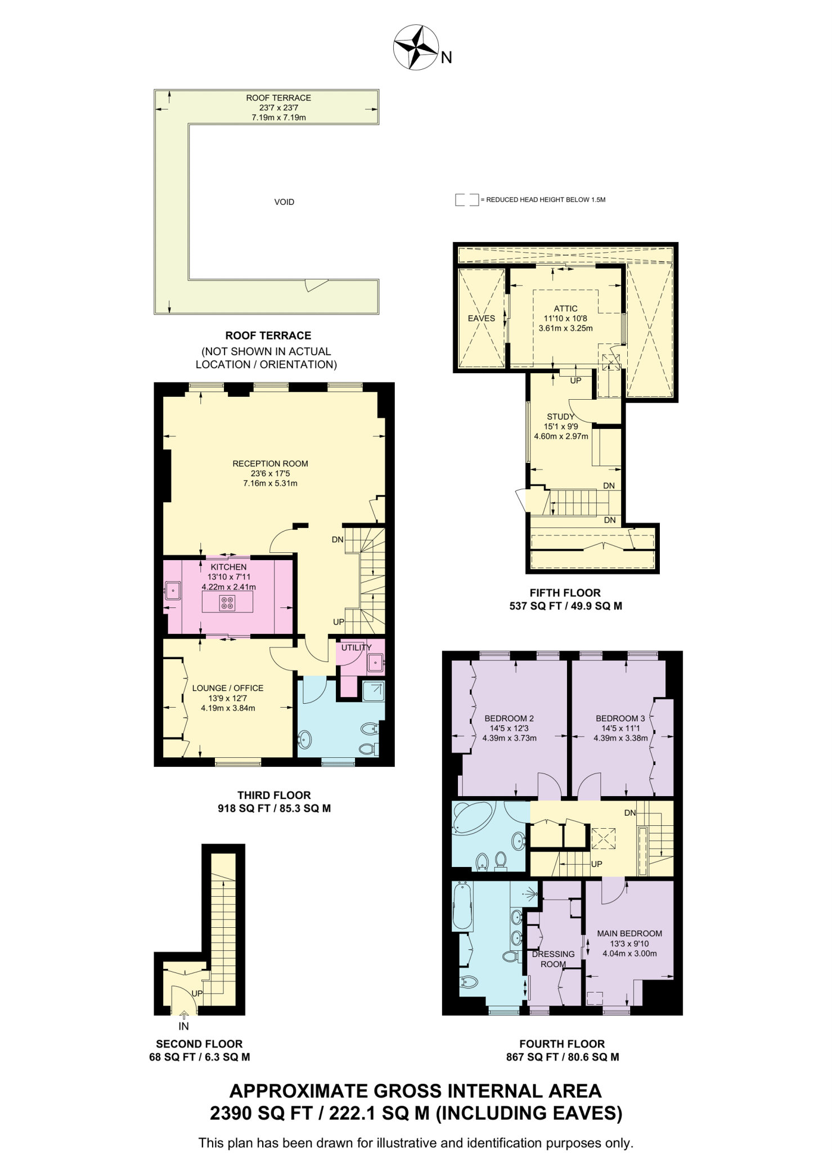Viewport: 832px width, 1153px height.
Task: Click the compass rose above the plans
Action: (x=416, y=48)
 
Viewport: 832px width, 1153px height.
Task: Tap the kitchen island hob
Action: (x=228, y=603)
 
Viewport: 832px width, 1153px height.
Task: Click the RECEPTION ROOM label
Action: (x=270, y=464)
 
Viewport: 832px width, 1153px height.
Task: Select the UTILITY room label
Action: (x=356, y=647)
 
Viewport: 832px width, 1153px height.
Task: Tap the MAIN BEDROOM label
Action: (x=629, y=933)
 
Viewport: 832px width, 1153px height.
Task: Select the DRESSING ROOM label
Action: (x=553, y=959)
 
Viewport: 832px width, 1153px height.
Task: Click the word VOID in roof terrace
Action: (x=284, y=202)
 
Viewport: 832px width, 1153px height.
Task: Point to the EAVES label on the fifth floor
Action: (x=482, y=319)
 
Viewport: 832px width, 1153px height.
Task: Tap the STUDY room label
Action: (x=560, y=417)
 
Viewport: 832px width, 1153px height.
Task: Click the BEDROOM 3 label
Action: (x=620, y=718)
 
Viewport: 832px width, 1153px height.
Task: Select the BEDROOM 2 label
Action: (x=509, y=718)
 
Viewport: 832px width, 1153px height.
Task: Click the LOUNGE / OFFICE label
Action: (x=228, y=688)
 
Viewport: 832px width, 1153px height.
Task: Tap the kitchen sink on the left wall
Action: (x=173, y=591)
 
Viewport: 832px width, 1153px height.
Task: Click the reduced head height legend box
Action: (x=466, y=200)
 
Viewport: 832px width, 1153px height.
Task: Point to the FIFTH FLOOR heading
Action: (x=565, y=593)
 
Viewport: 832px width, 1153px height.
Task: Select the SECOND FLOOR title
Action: (x=199, y=1044)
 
